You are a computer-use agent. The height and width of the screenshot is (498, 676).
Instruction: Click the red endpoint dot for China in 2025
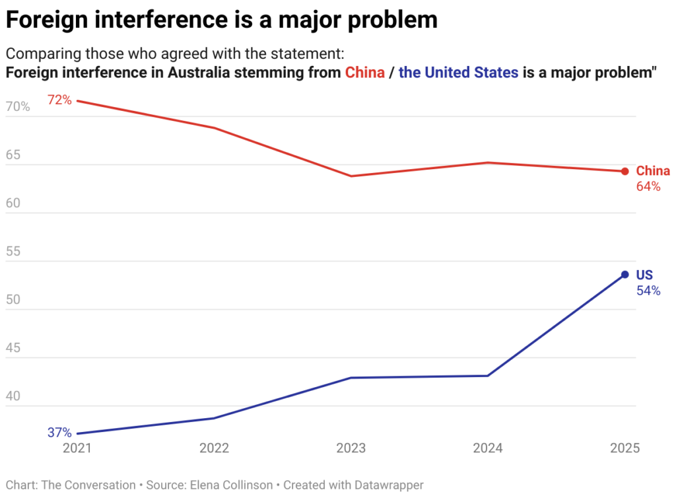click(x=625, y=172)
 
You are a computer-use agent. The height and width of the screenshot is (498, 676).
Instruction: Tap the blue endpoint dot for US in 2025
click(x=625, y=275)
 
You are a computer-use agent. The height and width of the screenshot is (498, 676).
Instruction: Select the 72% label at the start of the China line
click(x=59, y=100)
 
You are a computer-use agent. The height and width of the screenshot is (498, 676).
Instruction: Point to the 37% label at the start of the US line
click(x=59, y=433)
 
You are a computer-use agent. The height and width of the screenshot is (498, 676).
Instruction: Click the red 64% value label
click(x=648, y=187)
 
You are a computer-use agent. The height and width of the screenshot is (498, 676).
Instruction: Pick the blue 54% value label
click(x=648, y=291)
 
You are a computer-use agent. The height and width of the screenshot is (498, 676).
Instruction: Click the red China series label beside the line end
click(x=653, y=171)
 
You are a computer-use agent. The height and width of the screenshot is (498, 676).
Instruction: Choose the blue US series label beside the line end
click(x=644, y=275)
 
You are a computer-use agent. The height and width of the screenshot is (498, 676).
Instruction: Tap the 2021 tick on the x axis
click(x=78, y=448)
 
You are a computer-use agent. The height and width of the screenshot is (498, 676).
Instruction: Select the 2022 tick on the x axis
click(x=215, y=448)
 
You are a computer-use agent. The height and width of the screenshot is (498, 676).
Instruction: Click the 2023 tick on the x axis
click(x=351, y=448)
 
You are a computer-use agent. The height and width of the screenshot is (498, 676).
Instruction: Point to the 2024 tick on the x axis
click(x=488, y=448)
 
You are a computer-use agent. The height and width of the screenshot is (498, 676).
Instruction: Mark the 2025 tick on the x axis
click(x=625, y=448)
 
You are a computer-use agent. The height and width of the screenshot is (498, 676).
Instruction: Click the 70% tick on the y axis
click(x=18, y=107)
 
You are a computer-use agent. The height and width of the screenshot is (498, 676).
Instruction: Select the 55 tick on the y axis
click(x=14, y=252)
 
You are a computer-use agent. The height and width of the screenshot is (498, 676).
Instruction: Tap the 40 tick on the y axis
click(x=14, y=397)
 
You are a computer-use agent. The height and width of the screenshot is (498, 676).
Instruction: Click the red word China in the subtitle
click(x=365, y=73)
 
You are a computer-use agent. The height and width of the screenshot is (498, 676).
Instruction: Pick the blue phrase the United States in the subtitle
click(x=459, y=73)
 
